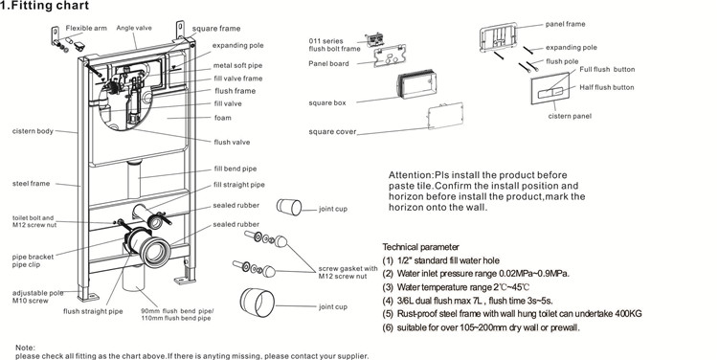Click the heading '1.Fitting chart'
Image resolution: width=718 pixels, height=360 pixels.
pos(44,6)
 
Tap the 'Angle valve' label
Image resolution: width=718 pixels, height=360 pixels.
pos(134,28)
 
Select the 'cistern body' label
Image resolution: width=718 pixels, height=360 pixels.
pos(33,131)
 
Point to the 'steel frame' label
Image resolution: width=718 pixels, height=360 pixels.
pos(31,184)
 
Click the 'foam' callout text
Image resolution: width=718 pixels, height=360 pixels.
pos(223,118)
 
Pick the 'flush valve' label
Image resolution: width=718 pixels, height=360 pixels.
pos(233,142)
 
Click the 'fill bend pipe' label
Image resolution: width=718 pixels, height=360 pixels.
pos(236,169)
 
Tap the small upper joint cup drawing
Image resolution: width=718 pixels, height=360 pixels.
pos(289,207)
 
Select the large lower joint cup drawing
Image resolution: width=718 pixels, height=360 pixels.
pos(257,303)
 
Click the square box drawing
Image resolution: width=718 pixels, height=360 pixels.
pos(415,85)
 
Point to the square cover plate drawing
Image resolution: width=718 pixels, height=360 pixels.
pos(445,116)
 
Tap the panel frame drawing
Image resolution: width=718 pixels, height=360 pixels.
pos(499,35)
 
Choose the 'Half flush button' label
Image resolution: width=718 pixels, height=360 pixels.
pos(607,87)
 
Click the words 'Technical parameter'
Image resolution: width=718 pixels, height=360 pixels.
pos(420,247)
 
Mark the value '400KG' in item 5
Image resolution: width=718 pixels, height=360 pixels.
pos(628,314)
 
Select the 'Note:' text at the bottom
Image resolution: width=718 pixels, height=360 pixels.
pos(25,349)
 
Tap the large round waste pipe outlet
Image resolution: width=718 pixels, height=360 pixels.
pos(155,252)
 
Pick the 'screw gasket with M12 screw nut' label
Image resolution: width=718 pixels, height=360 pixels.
pos(348,272)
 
